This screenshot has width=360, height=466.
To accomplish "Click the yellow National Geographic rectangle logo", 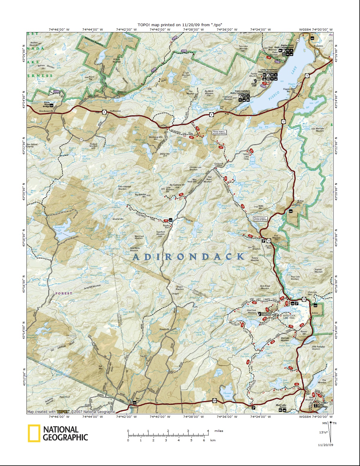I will (34, 433).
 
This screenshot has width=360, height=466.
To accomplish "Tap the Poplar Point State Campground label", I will (284, 46).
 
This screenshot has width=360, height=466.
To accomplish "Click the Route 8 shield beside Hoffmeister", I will (104, 111).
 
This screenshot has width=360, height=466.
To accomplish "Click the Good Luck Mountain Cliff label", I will (269, 314).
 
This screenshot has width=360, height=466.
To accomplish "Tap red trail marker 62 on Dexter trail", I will (254, 302).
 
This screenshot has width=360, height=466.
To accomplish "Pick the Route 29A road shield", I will (214, 400).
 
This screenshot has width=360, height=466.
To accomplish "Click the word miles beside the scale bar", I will (219, 431).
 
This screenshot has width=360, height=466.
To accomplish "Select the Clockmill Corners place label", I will (219, 164).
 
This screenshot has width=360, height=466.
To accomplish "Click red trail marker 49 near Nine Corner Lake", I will (297, 384).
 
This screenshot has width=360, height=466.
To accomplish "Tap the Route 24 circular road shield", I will (298, 40).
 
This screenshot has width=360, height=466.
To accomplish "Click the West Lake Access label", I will (281, 406).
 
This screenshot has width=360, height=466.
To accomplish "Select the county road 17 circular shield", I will (81, 139).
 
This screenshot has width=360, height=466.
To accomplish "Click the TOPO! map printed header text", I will (180, 25).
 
